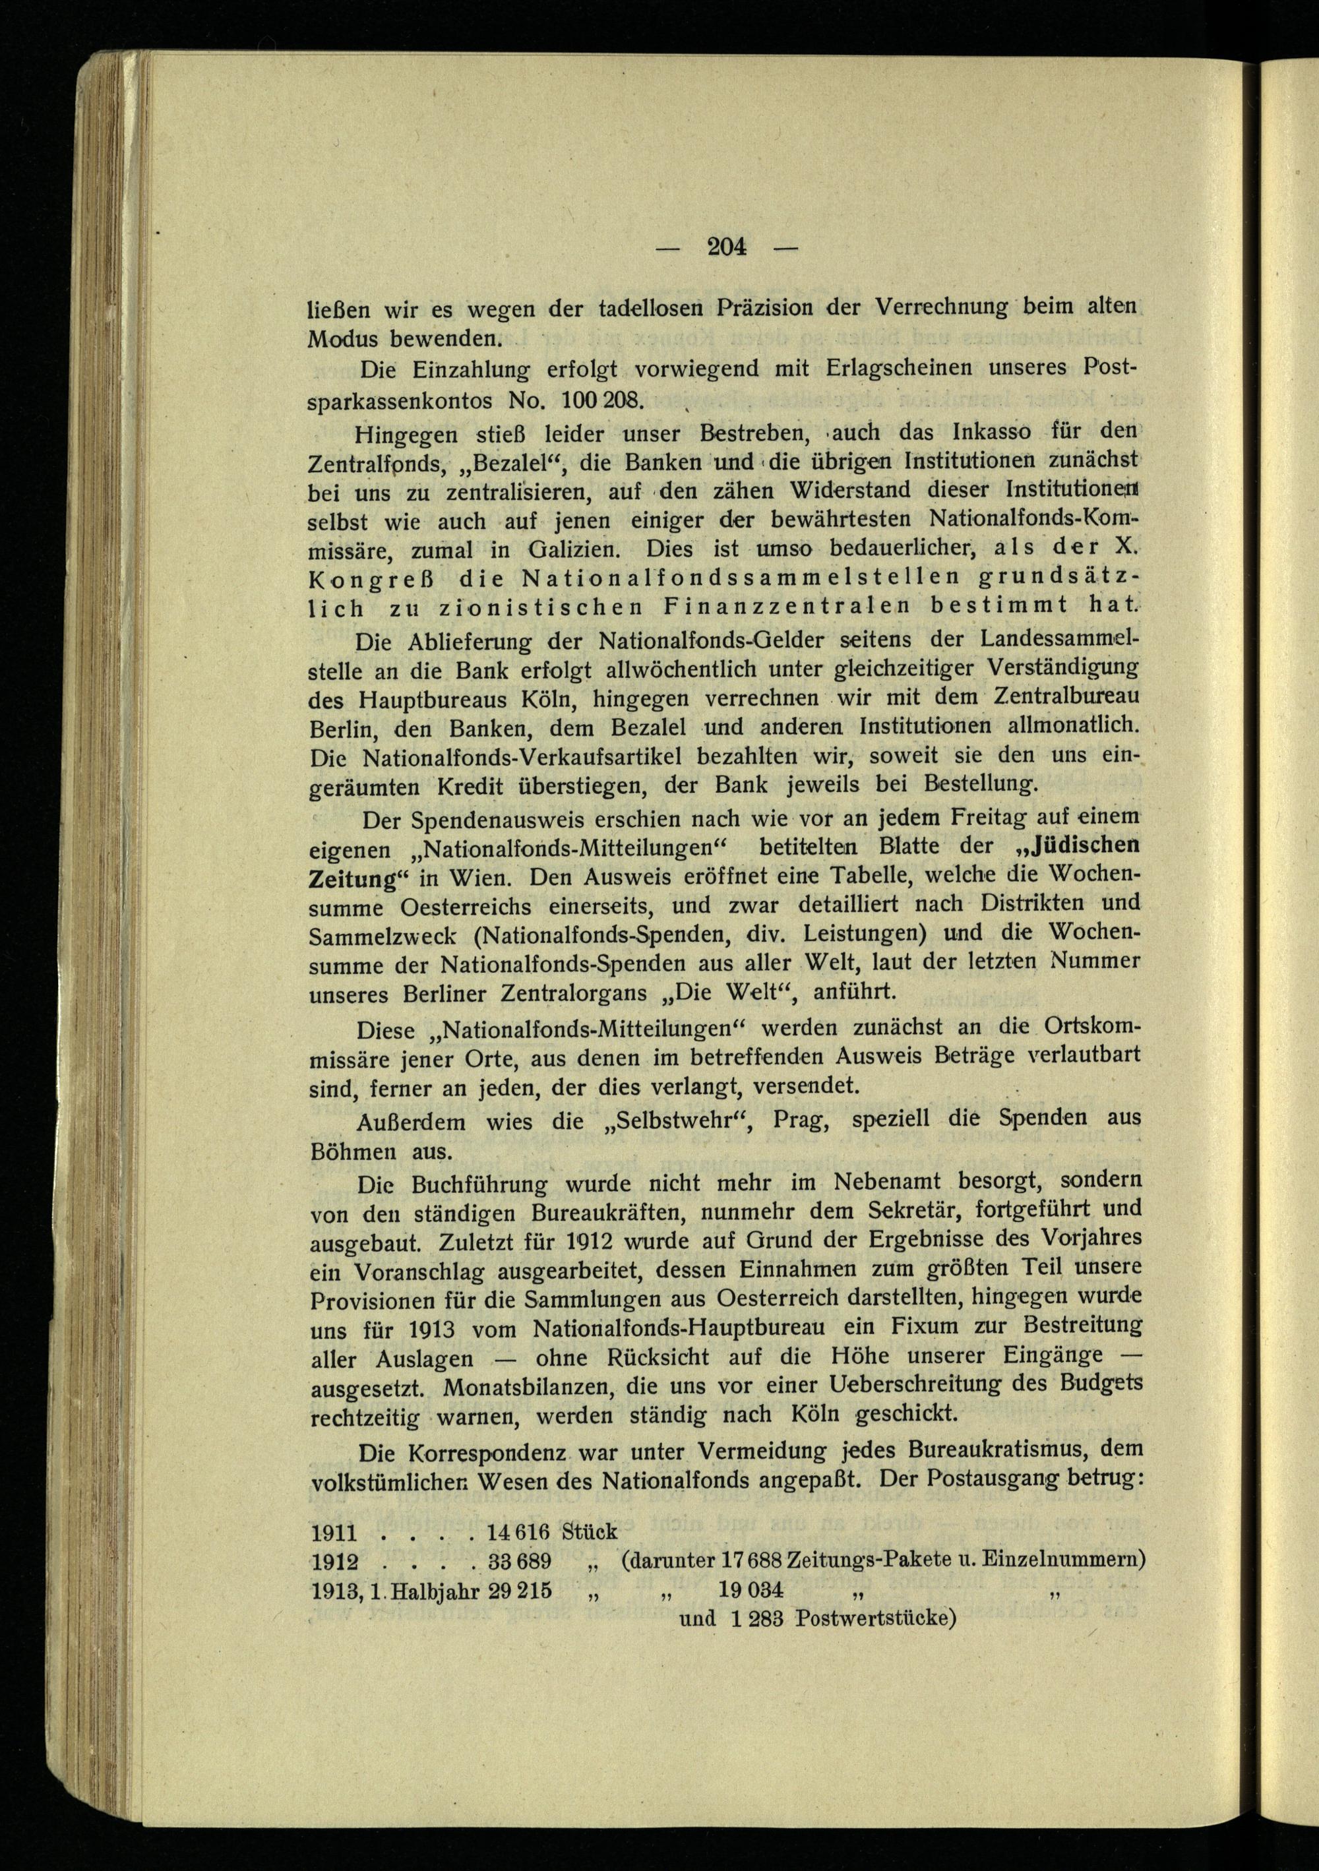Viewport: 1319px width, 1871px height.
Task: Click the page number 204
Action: pos(727,246)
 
